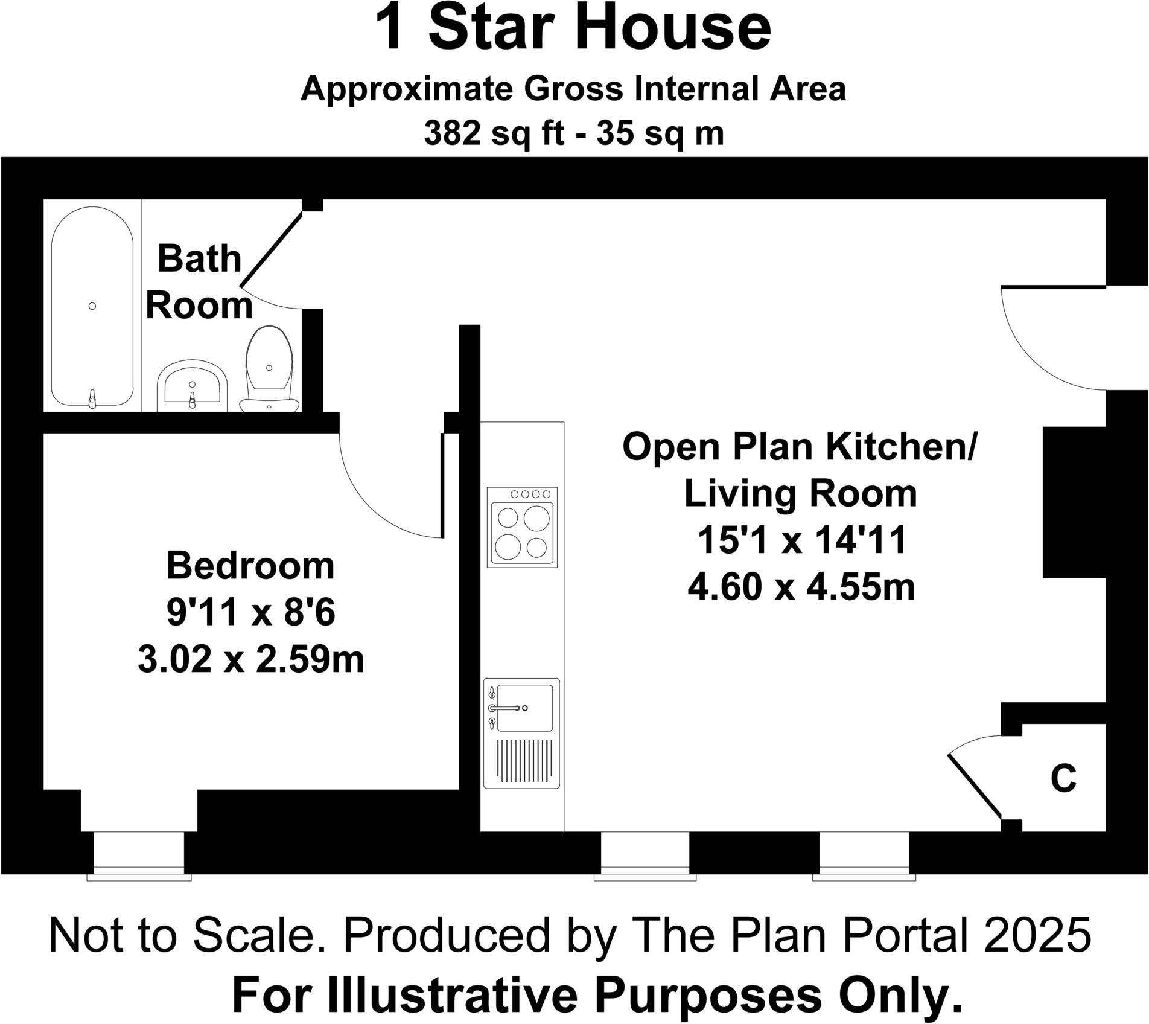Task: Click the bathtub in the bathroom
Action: pos(92,307)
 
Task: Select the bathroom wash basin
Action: pos(192,386)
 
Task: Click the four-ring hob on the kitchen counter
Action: pos(523,526)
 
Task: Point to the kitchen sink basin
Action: pos(524,708)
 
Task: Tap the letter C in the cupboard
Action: pos(1063,778)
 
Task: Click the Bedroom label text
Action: pos(250,566)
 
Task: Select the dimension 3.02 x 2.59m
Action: pos(250,659)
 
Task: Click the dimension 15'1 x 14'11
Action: pos(801,540)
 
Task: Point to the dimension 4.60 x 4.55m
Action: pos(801,587)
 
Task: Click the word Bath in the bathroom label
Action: pos(199,259)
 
